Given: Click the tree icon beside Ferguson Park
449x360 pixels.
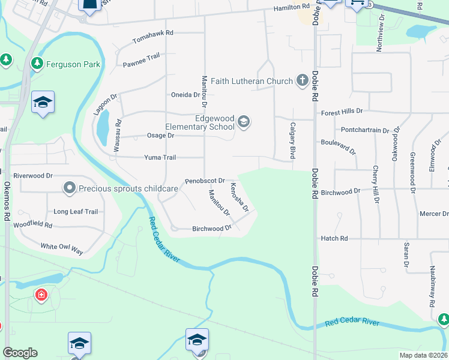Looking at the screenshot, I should click(37, 63).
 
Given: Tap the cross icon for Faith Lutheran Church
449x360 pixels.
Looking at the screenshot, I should click(302, 80).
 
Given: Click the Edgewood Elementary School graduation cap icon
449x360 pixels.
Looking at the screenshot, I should click(243, 122).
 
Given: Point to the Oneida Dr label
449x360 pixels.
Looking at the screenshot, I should click(185, 95).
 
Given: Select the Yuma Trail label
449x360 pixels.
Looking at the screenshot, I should click(160, 158).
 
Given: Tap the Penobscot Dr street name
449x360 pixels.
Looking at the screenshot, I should click(205, 180).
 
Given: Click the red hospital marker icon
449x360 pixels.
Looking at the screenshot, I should click(41, 295).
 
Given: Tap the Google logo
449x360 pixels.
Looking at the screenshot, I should click(20, 353).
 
